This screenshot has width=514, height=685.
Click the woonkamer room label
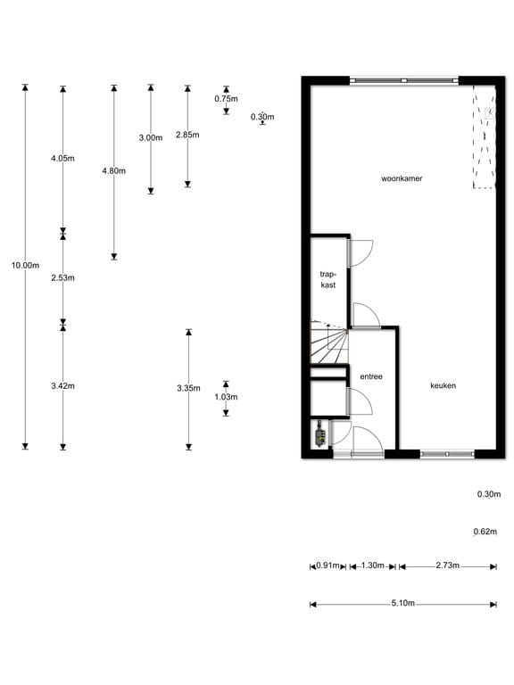coord(401,178)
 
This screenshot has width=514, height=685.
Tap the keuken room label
coord(444,386)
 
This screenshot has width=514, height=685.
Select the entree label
coord(371,377)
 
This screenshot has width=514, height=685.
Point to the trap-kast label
coord(327,279)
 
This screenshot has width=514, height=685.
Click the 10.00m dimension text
coord(25,265)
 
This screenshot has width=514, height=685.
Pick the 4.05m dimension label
coord(62,158)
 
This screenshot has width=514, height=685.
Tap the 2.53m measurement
coord(62,278)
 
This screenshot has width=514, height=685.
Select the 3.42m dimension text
coord(62,386)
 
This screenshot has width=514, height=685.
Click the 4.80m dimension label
coord(114,170)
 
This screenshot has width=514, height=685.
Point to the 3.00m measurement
coord(151,138)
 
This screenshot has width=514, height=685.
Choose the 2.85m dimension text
coord(187,135)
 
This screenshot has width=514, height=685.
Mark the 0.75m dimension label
coord(227,99)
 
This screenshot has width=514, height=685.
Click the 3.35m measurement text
coord(188,388)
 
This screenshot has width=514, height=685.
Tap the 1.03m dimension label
coord(227,397)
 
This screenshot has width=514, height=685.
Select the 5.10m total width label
coord(402,604)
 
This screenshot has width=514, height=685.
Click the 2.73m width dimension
coord(448,565)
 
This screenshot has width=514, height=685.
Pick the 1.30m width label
coord(373,565)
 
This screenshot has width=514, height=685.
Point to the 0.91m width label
coord(328,565)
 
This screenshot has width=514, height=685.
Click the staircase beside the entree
coord(328,344)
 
